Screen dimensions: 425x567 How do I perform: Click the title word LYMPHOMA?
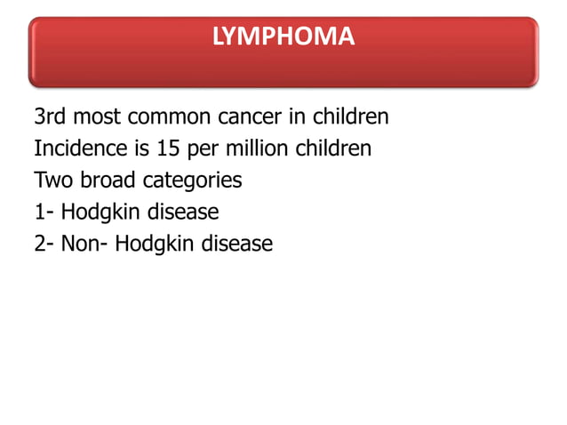pos(283,37)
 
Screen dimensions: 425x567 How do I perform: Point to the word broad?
pos(108,180)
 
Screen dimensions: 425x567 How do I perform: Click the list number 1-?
pos(44,212)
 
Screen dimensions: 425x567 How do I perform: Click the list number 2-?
pos(44,243)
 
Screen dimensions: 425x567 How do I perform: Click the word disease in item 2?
pos(237,243)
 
